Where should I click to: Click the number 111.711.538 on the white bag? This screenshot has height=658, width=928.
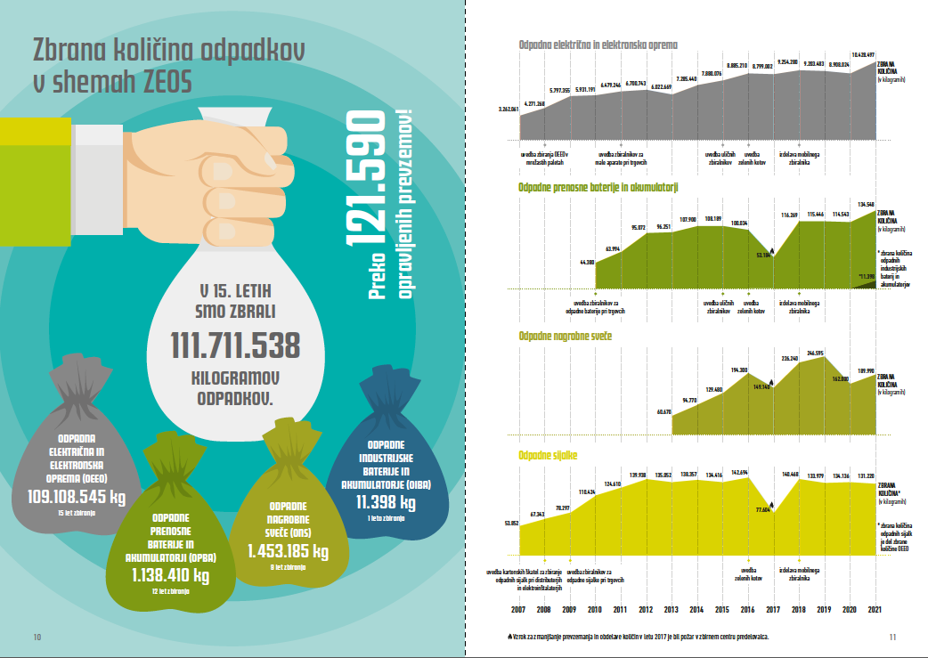pyautogui.click(x=235, y=346)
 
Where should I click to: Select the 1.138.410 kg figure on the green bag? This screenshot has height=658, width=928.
pyautogui.click(x=169, y=575)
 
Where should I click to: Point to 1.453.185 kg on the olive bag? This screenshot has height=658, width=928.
pyautogui.click(x=287, y=551)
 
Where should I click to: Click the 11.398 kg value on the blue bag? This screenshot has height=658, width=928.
pyautogui.click(x=387, y=502)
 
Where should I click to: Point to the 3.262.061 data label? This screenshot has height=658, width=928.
pyautogui.click(x=509, y=109)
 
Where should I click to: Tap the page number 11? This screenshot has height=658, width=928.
pyautogui.click(x=892, y=636)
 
